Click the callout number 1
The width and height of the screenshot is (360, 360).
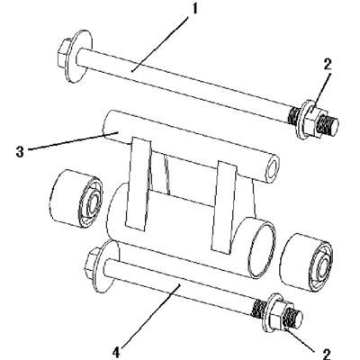coord(194,9)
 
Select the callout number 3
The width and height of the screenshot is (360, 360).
coord(20,152)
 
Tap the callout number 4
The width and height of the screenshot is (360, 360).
coord(115,353)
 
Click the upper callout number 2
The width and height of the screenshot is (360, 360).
coord(327,64)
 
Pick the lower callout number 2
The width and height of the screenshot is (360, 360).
coord(327,353)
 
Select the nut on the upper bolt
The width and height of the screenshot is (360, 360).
coord(313,120)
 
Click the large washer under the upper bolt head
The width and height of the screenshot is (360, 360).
coord(78,56)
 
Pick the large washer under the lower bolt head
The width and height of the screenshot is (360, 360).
coord(107,266)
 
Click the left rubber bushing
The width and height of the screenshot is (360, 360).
coord(76,201)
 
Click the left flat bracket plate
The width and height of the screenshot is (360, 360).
coord(139,183)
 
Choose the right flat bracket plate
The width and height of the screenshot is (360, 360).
coord(224,206)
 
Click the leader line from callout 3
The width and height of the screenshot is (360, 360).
coord(73,140)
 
